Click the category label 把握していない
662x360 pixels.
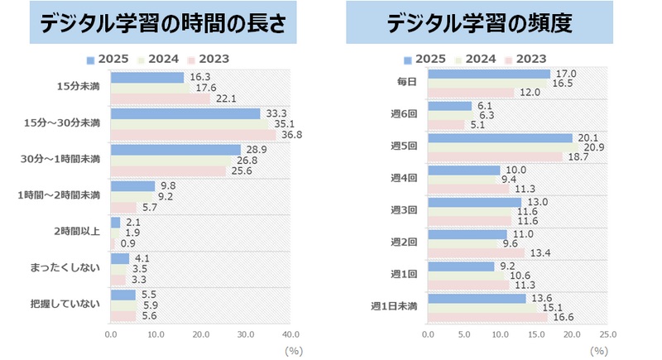pos(73,304)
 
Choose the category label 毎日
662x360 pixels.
pos(407,81)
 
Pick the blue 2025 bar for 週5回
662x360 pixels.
pos(500,137)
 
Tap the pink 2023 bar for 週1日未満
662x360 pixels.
pos(487,317)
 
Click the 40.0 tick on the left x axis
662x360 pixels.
pos(290,335)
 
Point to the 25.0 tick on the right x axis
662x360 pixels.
pos(607,335)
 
